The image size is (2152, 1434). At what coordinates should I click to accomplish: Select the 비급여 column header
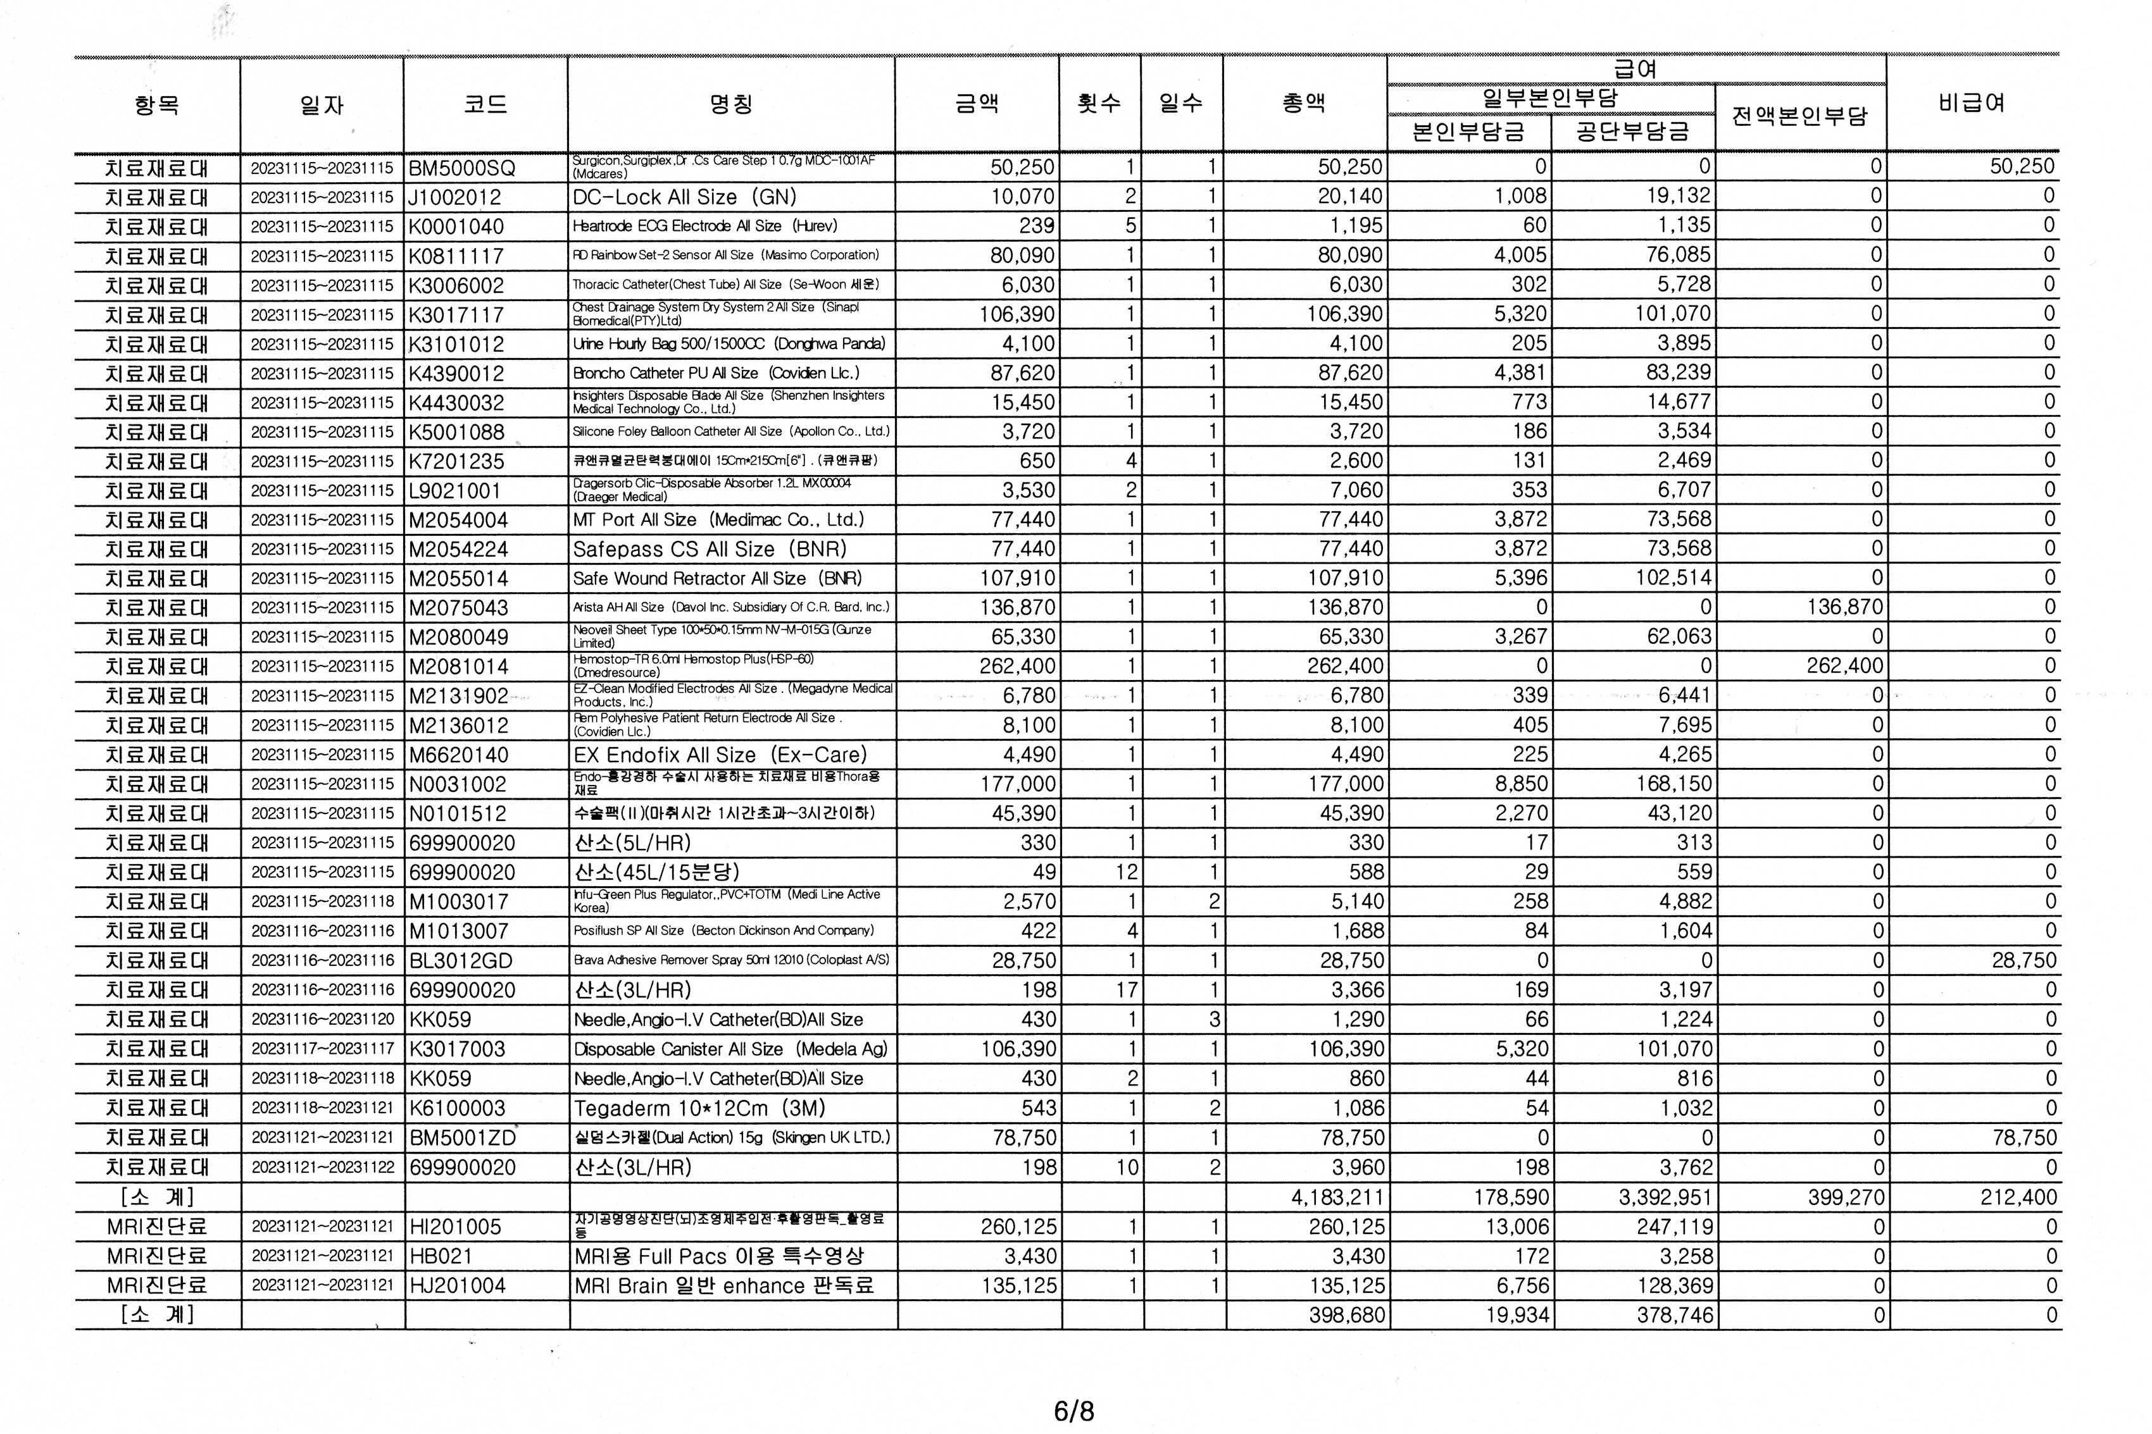1971,103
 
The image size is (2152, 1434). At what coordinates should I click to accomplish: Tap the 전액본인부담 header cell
1799,117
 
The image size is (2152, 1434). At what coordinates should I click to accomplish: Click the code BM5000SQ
462,168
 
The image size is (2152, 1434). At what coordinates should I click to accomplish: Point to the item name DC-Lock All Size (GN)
684,197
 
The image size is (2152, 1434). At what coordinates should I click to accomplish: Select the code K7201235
456,462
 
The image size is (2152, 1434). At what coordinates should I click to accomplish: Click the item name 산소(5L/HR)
631,843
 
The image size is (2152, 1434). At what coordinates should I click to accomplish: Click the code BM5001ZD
462,1138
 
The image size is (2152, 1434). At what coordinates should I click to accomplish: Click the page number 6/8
1074,1411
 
